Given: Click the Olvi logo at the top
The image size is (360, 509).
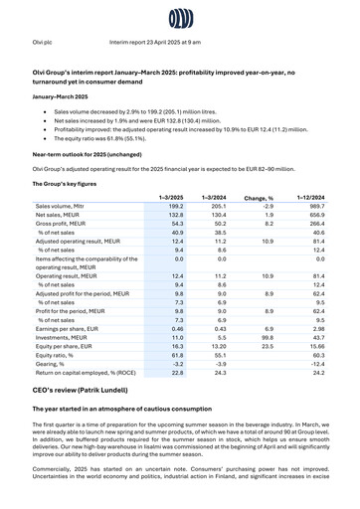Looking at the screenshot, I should tap(180, 18).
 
